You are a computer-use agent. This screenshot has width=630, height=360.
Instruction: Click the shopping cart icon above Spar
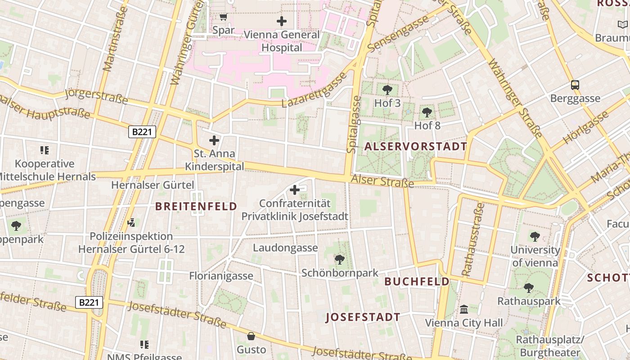pyautogui.click(x=223, y=17)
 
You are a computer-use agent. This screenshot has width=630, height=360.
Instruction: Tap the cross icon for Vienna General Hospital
pyautogui.click(x=282, y=21)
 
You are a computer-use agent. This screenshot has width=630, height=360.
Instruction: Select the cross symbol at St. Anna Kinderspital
pyautogui.click(x=214, y=140)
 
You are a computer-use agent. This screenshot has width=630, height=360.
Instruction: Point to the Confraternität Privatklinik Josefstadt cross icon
pyautogui.click(x=295, y=190)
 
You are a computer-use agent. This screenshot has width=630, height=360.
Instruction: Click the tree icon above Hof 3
pyautogui.click(x=387, y=90)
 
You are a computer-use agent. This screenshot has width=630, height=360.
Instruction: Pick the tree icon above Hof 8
pyautogui.click(x=427, y=112)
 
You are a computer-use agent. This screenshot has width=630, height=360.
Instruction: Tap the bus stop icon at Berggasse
pyautogui.click(x=575, y=85)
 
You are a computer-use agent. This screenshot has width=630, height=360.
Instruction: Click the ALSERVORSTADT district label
pyautogui.click(x=416, y=146)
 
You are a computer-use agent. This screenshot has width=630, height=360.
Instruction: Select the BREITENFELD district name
pyautogui.click(x=196, y=207)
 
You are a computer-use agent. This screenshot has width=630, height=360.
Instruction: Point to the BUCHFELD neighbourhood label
pyautogui.click(x=417, y=282)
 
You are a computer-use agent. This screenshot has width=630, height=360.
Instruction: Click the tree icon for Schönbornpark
pyautogui.click(x=340, y=260)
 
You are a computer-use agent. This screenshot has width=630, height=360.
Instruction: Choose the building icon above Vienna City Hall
pyautogui.click(x=464, y=310)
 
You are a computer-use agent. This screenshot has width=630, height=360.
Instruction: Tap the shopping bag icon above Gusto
pyautogui.click(x=251, y=336)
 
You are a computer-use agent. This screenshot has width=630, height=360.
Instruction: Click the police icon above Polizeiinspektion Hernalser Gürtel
pyautogui.click(x=131, y=222)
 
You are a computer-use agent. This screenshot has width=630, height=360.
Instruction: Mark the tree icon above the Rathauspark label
pyautogui.click(x=529, y=288)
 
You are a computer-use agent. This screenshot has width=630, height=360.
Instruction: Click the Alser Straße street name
pyautogui.click(x=382, y=181)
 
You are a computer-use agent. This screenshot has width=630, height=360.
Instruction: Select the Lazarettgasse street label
pyautogui.click(x=315, y=90)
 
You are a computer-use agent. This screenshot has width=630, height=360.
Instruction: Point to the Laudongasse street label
pyautogui.click(x=285, y=248)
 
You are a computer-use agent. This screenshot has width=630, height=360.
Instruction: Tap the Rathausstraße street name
pyautogui.click(x=473, y=239)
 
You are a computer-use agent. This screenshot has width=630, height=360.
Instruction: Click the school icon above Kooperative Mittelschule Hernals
pyautogui.click(x=44, y=150)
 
